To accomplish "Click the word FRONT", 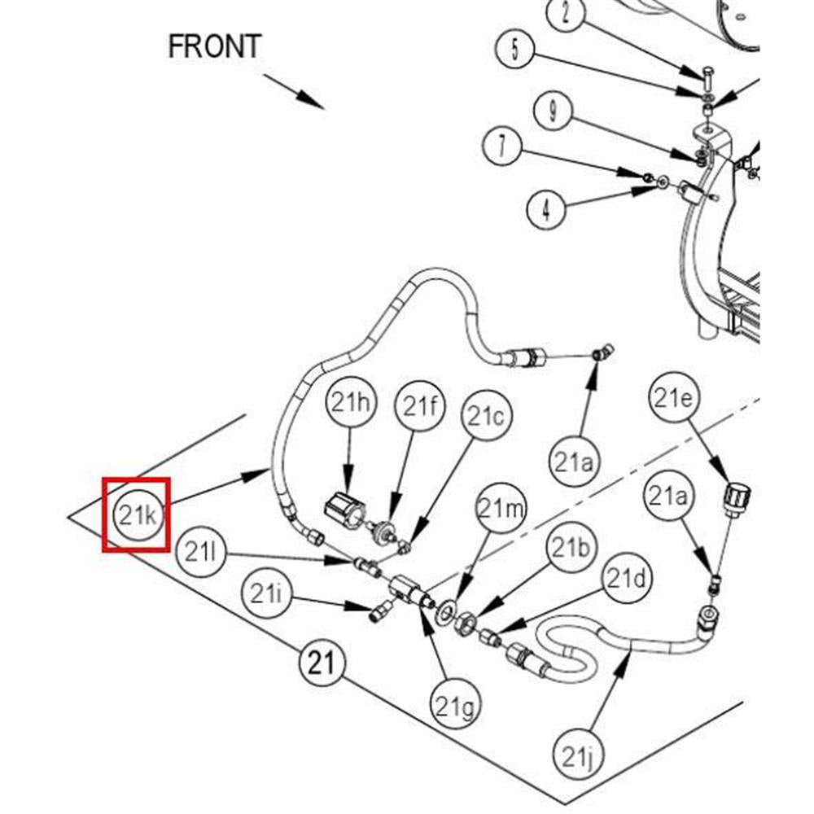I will (215, 46).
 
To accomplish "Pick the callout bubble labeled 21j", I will (579, 755).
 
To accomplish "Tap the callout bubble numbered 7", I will (502, 146).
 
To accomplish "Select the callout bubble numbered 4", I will (546, 209).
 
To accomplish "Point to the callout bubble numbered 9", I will (554, 110).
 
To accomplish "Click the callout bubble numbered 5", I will (515, 50).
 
